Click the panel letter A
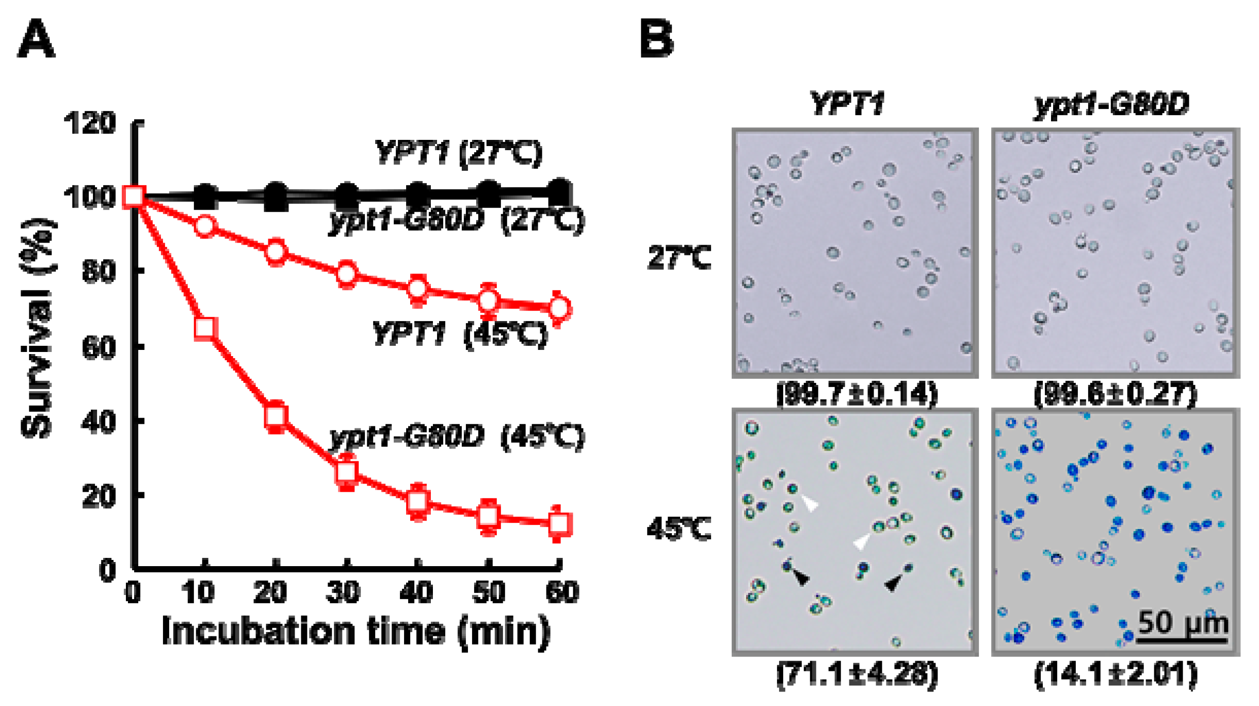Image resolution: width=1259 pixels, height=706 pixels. tap(36, 39)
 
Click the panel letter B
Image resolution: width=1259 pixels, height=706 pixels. tap(656, 39)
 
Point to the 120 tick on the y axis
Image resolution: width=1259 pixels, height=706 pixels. tap(89, 124)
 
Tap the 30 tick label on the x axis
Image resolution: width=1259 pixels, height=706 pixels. tap(343, 592)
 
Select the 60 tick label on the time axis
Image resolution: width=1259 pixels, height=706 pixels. tap(562, 592)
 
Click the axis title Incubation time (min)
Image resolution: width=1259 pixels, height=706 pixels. tap(356, 631)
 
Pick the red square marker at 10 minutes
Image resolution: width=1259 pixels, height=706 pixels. tap(205, 328)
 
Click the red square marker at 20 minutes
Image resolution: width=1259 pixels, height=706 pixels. tap(276, 416)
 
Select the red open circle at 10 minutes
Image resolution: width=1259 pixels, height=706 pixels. tap(205, 226)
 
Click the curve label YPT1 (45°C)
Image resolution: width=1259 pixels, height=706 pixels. tap(459, 334)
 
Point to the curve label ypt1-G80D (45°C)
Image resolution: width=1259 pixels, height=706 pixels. tap(457, 437)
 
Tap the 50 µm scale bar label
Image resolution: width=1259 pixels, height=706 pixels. tap(1183, 622)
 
